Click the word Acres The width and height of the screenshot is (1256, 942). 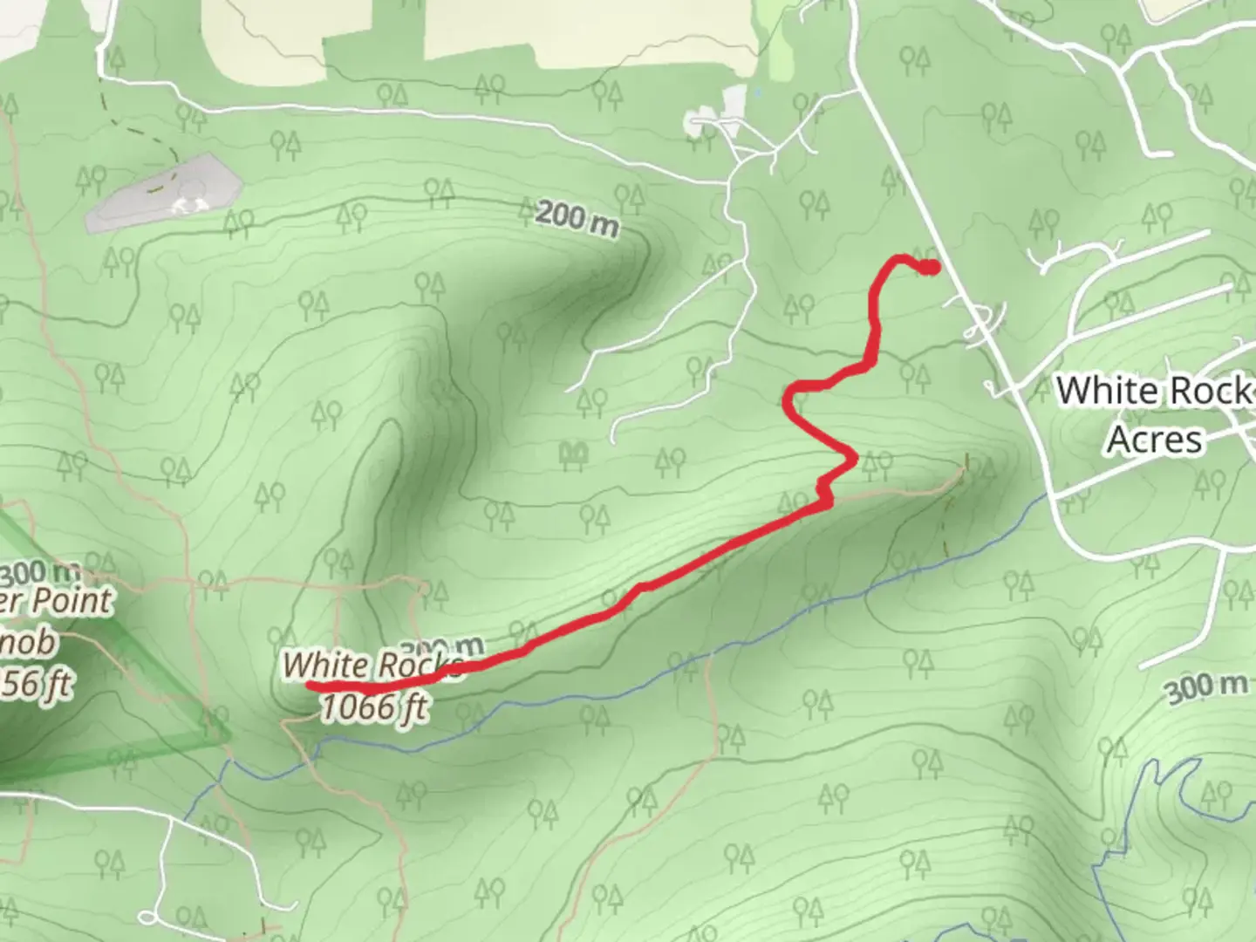1154,439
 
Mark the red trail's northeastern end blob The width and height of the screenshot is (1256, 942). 931,267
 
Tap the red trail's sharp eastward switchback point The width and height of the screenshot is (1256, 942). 854,456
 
